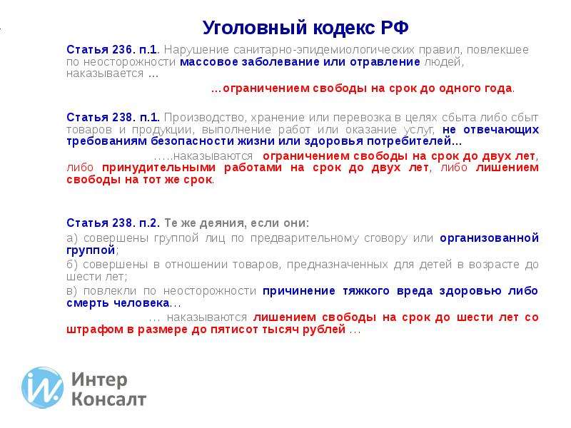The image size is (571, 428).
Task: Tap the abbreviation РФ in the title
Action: pos(395,28)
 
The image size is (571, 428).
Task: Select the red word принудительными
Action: pos(158,168)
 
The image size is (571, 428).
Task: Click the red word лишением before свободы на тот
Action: pos(507,168)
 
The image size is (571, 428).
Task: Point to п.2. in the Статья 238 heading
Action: pos(149,223)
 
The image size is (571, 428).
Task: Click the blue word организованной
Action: pos(490,238)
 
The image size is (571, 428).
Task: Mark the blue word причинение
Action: pos(299,291)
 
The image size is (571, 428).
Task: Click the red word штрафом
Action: pos(95,330)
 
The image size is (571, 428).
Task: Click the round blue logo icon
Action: pos(42,387)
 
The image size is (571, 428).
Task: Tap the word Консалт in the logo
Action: pos(108,399)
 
